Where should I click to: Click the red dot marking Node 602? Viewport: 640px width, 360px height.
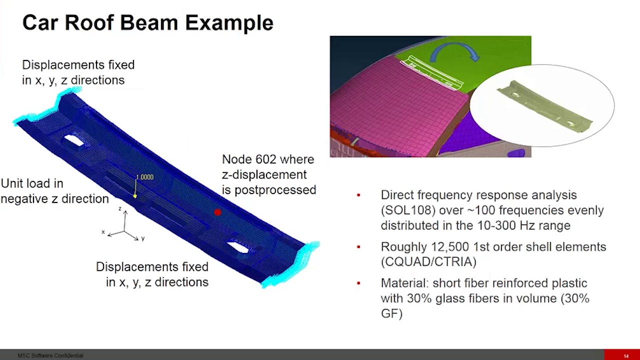217,212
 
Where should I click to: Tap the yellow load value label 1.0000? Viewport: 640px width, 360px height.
144,177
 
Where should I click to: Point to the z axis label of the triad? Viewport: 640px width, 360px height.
119,208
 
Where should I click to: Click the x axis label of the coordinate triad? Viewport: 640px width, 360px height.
103,232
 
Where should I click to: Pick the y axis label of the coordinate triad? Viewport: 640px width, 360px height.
143,238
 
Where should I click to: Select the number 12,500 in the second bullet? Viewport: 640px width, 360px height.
449,247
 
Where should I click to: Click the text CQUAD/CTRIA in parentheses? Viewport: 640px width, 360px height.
428,262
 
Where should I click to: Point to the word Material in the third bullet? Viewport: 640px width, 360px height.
402,283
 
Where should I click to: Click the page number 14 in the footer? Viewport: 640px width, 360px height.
626,356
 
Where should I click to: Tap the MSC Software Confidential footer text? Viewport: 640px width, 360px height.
50,356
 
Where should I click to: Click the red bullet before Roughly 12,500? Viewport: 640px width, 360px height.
358,247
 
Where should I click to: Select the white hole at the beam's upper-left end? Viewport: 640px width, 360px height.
74,140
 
